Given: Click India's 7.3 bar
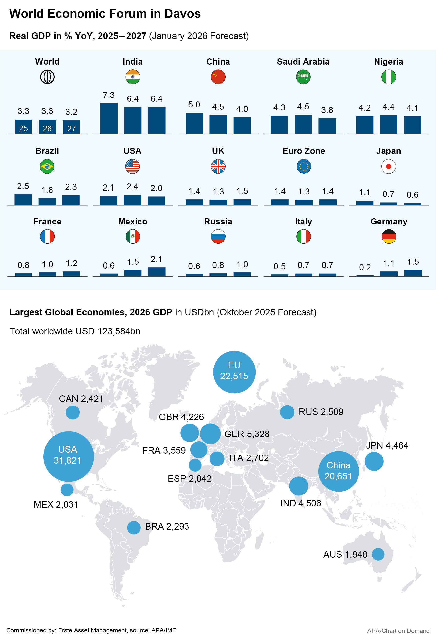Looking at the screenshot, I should pos(109,118).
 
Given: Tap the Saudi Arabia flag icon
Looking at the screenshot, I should pos(303,77).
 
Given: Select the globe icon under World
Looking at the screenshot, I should pos(47,77).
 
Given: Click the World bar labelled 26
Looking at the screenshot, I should pos(47,127).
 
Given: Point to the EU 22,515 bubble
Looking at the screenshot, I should pos(234,372).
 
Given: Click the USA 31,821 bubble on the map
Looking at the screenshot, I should pos(69,456).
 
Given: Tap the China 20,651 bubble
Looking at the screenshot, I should pos(338,471).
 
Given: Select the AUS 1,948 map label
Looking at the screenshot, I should pos(345,554).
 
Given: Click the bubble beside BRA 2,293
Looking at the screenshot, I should pos(134,528).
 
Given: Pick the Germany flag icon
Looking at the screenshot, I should pos(389,236).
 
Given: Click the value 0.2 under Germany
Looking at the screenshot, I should pos(365,267).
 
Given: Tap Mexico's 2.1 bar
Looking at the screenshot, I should pos(157,272).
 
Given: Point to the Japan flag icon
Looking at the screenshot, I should pos(388,166).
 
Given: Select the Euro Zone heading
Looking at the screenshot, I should pos(304,151).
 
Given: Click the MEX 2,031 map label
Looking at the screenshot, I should pos(56,504).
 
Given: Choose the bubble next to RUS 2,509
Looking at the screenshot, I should pos(287,412).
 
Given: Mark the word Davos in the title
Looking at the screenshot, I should pos(182,14).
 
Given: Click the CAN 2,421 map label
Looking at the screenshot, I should pos(81,399).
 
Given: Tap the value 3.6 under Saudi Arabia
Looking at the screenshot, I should pos(327,110).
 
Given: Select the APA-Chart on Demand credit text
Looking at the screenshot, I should pos(398,631).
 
